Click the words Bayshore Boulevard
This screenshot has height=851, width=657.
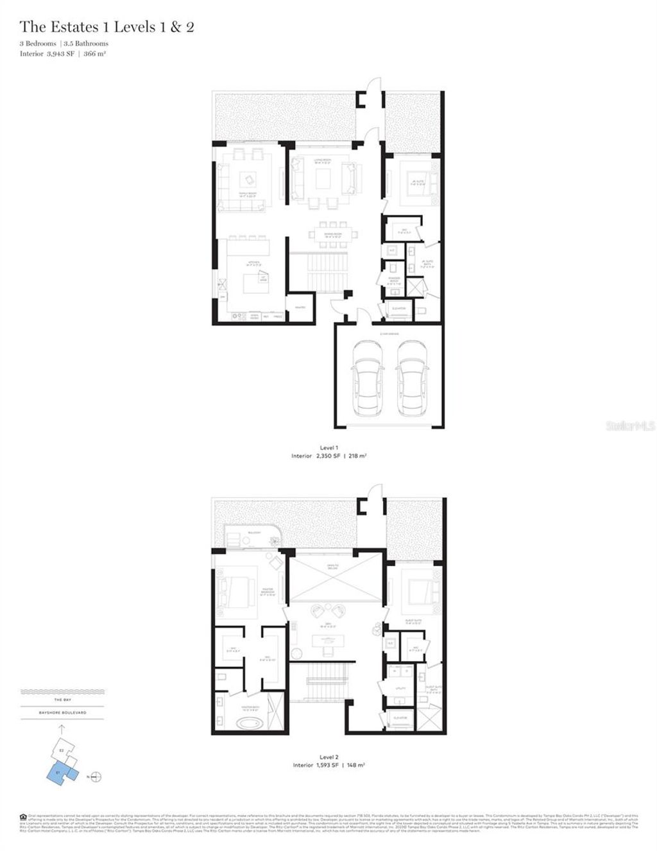pyautogui.click(x=62, y=712)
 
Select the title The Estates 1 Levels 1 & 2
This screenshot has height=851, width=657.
pyautogui.click(x=107, y=27)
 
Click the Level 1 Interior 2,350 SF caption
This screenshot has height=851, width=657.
pyautogui.click(x=328, y=456)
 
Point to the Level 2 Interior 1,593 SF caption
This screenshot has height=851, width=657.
pyautogui.click(x=328, y=765)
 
